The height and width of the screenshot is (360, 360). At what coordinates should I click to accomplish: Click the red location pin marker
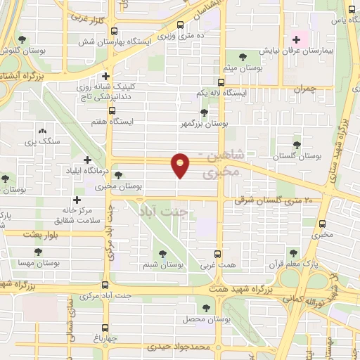coord(181,166)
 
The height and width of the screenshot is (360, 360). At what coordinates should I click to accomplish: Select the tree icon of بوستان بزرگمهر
coord(204,112)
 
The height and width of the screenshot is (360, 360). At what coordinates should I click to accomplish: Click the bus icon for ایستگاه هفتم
coord(112,111)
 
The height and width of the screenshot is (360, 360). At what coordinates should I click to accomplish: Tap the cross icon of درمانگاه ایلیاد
coord(88,160)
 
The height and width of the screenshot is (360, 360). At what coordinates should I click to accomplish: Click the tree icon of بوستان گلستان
coord(296,143)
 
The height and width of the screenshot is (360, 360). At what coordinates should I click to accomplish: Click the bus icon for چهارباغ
coord(105,328)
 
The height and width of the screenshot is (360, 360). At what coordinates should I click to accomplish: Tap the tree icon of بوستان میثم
coord(243,58)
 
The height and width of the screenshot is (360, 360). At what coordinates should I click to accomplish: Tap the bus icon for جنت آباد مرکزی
coord(105,285)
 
